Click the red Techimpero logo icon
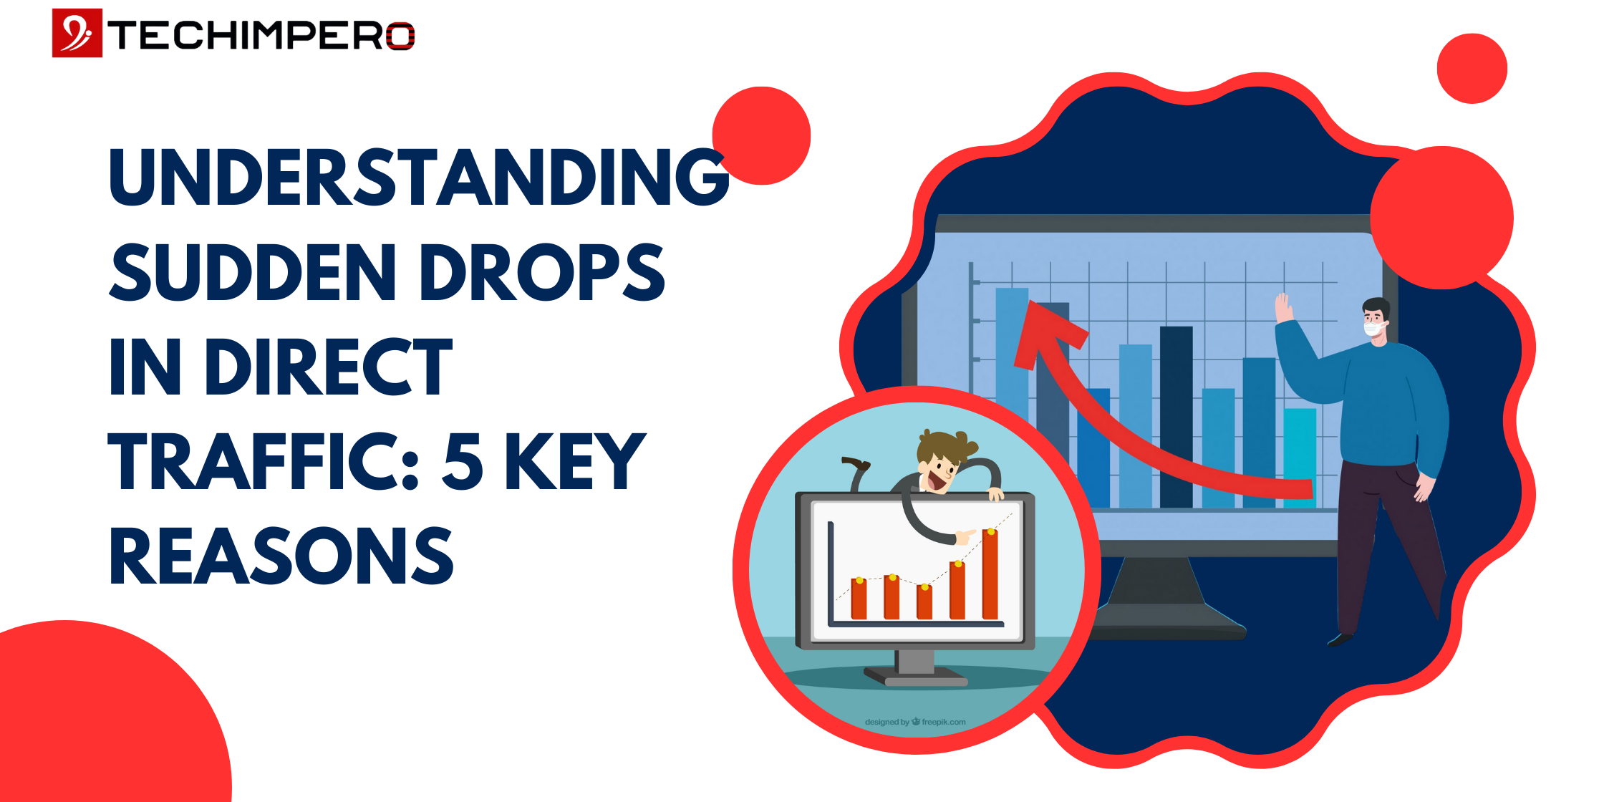tap(77, 33)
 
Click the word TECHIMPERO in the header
tap(261, 35)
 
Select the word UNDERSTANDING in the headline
tap(419, 177)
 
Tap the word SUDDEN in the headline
tap(253, 272)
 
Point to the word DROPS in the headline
tap(542, 272)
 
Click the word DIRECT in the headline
tap(329, 367)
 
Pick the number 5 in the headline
tap(463, 462)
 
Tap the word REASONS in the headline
tap(281, 556)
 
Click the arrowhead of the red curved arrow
tap(1045, 333)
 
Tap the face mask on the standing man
tap(1373, 329)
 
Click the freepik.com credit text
tap(916, 722)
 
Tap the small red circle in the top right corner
tap(1472, 69)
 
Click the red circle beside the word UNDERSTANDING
tap(762, 136)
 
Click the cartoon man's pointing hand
tap(965, 536)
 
